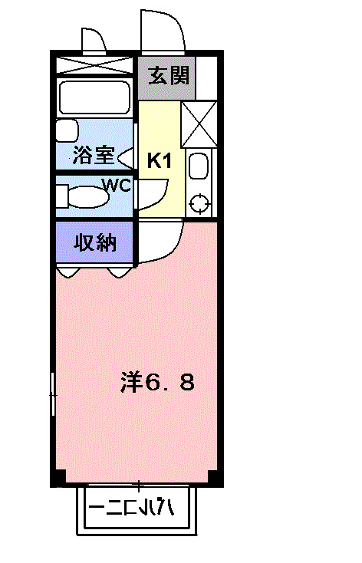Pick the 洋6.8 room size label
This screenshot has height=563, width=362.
(157, 381)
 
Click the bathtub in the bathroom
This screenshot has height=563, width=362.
(94, 98)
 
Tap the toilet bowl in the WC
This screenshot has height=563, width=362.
(84, 196)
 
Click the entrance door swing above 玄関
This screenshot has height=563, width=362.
(162, 32)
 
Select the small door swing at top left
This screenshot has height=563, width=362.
(93, 40)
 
